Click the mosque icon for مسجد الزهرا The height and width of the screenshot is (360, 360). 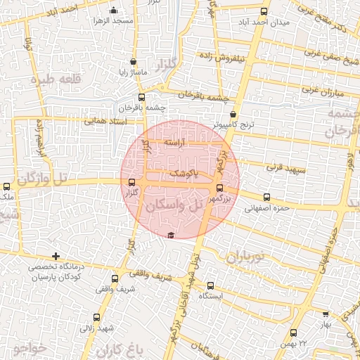click(114, 10)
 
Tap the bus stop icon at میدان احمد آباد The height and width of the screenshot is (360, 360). click(264, 11)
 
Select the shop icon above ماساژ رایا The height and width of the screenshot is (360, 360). click(134, 62)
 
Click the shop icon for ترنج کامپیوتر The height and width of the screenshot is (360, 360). click(233, 115)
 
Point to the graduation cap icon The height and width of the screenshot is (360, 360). click(170, 235)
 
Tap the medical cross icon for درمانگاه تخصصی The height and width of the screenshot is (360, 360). click(56, 256)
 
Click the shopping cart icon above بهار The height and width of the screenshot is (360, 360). click(325, 315)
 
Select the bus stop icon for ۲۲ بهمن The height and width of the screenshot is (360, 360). click(293, 332)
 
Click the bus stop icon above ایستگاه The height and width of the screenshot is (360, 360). click(211, 285)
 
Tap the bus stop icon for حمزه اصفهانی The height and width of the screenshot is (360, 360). click(266, 197)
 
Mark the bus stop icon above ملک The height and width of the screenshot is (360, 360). click(7, 187)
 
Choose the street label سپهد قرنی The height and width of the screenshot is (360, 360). click(284, 169)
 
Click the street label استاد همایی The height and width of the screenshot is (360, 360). click(105, 121)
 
